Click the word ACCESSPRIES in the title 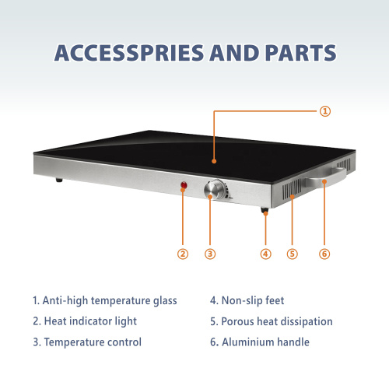tap(129, 53)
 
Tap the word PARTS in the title tap(300, 53)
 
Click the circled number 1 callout tap(325, 111)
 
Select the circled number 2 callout tap(183, 254)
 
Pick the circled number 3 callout tap(210, 254)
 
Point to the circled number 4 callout tap(265, 254)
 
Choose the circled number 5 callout tap(293, 254)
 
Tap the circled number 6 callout tap(324, 254)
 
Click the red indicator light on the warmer tap(184, 185)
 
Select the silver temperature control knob tap(215, 190)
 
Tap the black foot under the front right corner tap(265, 210)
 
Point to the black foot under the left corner tap(59, 180)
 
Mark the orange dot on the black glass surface tap(214, 161)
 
